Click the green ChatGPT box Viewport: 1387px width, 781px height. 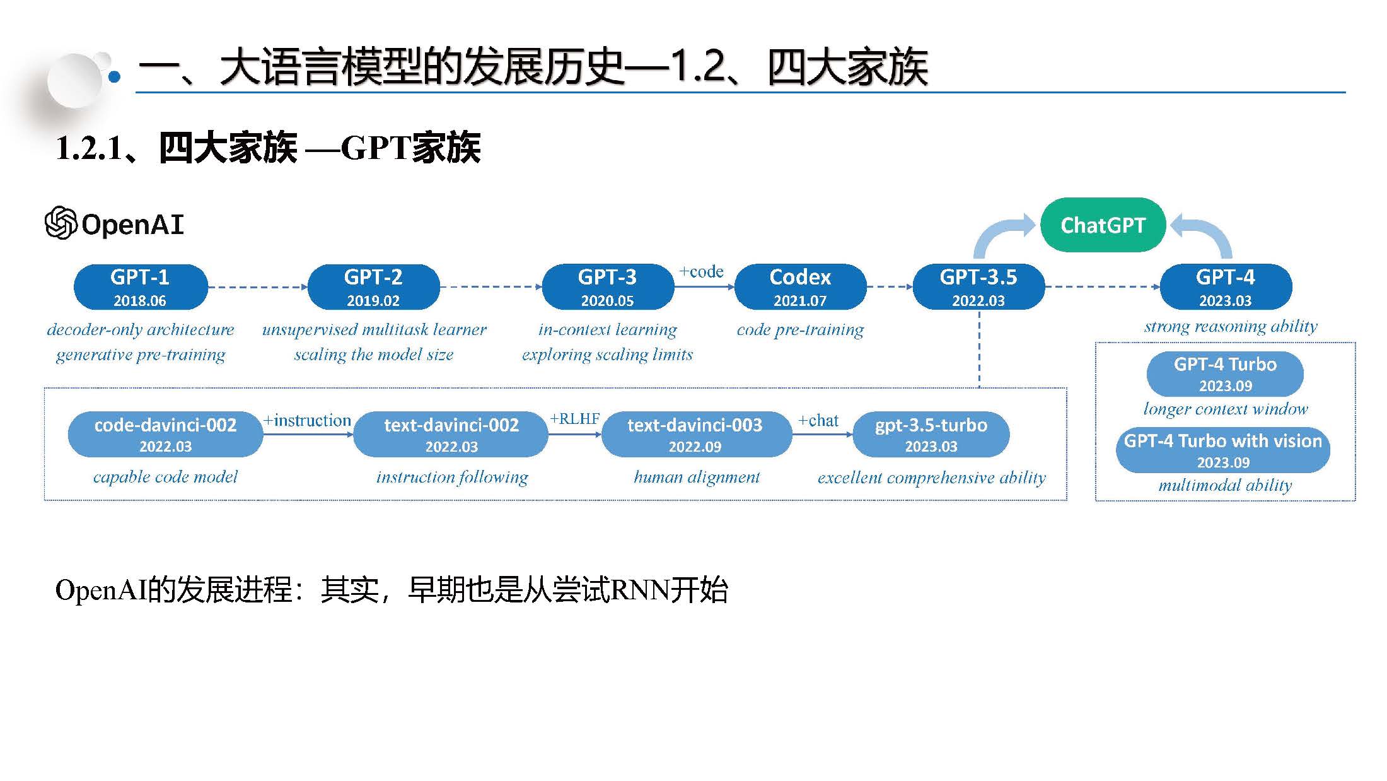point(1102,225)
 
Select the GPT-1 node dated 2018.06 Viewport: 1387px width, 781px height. point(140,287)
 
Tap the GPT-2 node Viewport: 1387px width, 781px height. point(373,287)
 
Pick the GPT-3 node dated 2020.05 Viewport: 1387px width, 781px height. point(607,287)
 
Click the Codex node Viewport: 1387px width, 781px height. point(800,287)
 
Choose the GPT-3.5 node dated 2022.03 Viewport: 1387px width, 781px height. point(978,287)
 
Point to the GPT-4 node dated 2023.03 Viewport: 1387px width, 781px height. point(1225,287)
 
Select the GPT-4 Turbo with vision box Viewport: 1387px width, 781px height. point(1223,450)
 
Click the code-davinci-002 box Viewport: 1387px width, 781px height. point(165,434)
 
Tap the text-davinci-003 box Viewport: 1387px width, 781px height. point(695,434)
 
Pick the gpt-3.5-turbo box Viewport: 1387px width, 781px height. point(931,434)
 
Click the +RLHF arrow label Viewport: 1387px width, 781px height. point(574,419)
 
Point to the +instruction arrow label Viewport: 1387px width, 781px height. point(307,420)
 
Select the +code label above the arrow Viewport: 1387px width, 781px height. point(701,272)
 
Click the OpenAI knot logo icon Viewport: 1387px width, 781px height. point(61,223)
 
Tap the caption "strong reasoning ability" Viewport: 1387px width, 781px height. point(1231,326)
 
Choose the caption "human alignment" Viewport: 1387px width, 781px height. point(697,477)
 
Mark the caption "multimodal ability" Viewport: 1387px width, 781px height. point(1225,485)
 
